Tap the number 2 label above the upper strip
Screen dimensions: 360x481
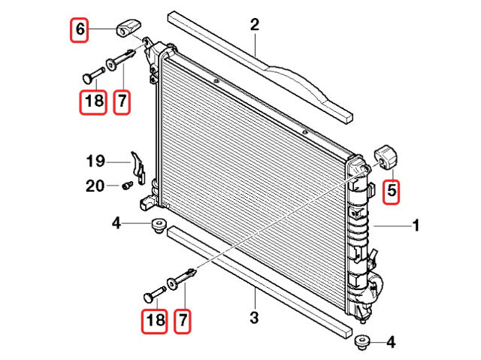pos(255,26)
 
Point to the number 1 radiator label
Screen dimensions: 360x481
pos(416,225)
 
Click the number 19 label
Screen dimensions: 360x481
pos(95,161)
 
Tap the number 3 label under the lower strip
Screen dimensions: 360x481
pos(254,318)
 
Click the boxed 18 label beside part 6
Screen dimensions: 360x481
pos(95,101)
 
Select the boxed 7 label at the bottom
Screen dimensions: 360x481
pos(181,321)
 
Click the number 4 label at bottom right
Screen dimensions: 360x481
pos(390,343)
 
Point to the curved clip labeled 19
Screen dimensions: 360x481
pos(138,164)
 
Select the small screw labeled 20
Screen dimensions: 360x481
pos(126,185)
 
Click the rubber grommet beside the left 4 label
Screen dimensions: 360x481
pos(158,225)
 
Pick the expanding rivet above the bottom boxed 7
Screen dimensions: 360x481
pos(182,280)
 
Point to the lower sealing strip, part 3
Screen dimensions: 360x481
pos(256,277)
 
